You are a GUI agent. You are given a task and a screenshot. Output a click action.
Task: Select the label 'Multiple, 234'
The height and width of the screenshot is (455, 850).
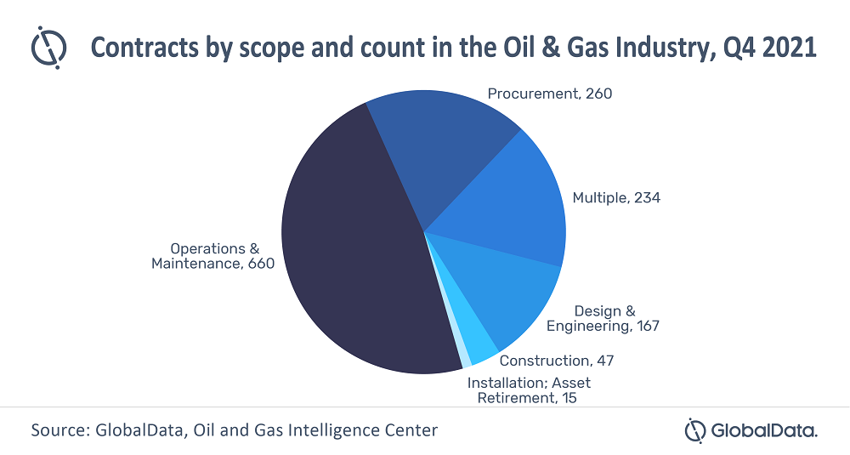[616, 197]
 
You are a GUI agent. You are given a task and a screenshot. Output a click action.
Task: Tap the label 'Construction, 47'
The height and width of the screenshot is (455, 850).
[557, 361]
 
